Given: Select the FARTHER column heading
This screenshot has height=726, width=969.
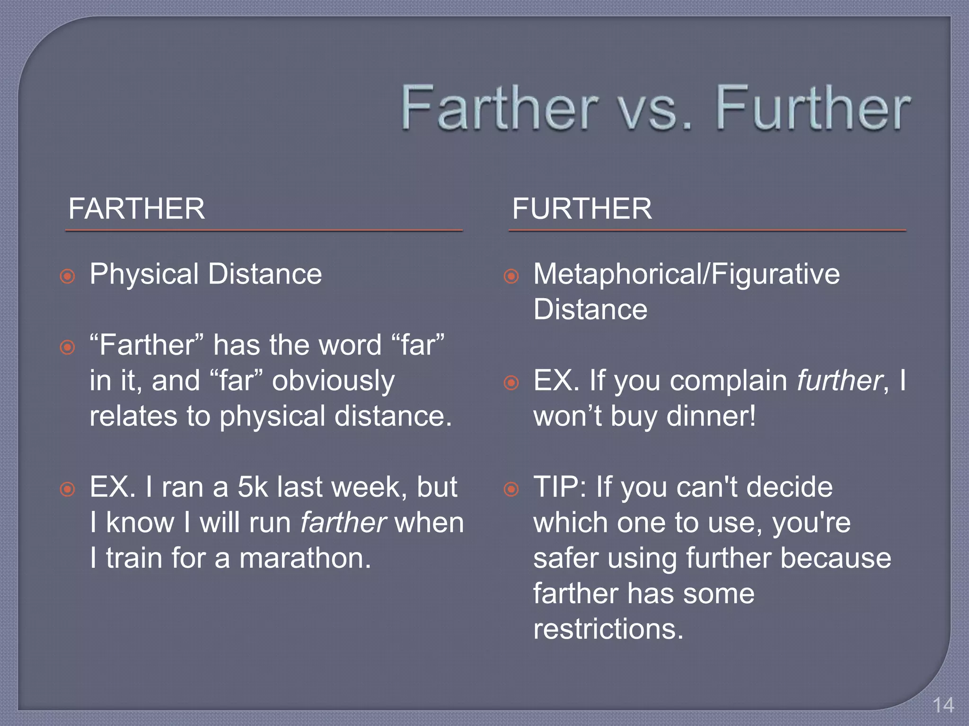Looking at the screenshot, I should [136, 208].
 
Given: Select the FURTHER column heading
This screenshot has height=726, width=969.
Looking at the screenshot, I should [581, 208].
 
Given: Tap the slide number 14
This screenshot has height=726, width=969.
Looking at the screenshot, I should [943, 705].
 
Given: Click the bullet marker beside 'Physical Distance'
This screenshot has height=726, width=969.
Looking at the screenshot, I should [68, 276].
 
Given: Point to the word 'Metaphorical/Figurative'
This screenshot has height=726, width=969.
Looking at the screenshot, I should [686, 274].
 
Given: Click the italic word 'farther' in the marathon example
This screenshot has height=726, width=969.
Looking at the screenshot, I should [344, 523].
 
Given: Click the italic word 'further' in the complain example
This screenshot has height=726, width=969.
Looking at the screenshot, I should [839, 380].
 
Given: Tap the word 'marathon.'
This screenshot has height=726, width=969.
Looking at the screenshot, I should [305, 558].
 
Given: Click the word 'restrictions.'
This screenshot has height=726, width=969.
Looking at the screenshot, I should [608, 629].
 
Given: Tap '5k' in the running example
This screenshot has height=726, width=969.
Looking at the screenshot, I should [253, 487].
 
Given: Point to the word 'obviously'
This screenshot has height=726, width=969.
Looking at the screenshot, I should [333, 381].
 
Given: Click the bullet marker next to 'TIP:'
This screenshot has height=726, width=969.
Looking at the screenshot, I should [511, 489].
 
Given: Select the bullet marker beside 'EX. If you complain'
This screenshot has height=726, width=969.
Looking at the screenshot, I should [511, 382].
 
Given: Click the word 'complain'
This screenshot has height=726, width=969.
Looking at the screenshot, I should [729, 381].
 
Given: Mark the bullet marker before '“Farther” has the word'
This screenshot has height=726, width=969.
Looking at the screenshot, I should [68, 347].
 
